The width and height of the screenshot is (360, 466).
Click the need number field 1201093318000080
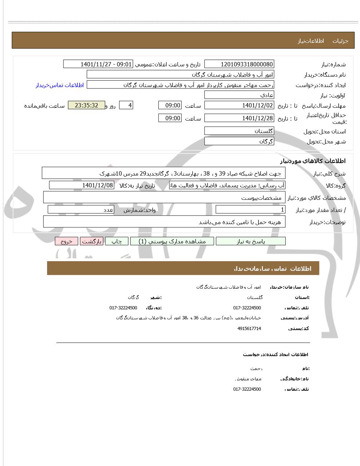tap(239, 64)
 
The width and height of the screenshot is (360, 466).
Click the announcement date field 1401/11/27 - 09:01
tap(98, 64)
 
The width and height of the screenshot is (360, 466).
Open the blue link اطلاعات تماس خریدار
tap(60, 85)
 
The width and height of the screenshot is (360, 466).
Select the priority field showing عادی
tap(239, 95)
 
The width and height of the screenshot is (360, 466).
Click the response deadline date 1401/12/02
tap(239, 106)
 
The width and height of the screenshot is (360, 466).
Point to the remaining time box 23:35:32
tap(86, 106)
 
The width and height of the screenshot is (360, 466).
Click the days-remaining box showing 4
tap(126, 106)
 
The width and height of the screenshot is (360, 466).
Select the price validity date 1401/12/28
tap(239, 118)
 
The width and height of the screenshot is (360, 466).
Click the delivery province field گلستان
tap(239, 131)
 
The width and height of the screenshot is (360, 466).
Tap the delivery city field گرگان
tap(239, 141)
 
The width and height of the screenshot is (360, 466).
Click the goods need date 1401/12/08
tap(82, 185)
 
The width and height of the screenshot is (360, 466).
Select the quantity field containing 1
tap(250, 210)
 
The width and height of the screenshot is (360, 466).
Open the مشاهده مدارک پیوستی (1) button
tap(172, 242)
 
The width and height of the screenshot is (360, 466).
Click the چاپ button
tap(117, 242)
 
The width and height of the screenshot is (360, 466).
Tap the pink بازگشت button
tap(92, 242)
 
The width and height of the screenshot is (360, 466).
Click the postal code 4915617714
tap(249, 328)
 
